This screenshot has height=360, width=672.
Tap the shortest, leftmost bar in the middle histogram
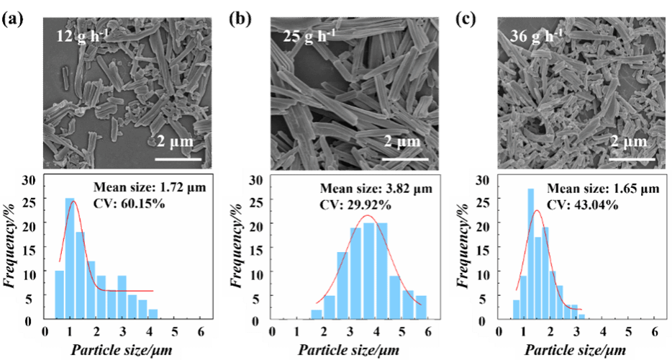tap(317, 315)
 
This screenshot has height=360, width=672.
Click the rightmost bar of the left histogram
tap(153, 315)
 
